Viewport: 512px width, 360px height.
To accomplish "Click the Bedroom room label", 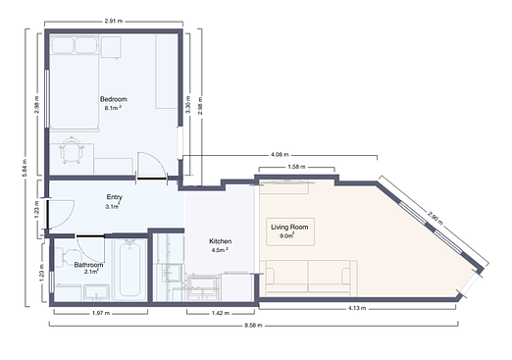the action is coord(114,99).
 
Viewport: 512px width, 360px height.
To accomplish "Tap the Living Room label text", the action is coord(289,227).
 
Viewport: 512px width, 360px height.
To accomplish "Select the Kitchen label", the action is coord(221,241).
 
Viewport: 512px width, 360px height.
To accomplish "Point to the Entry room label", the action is coord(114,197).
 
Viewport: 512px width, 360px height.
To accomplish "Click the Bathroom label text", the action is coord(88,265).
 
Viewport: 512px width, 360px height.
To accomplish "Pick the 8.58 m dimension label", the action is coord(253,326).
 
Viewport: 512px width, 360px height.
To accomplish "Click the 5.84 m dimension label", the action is coord(26,168).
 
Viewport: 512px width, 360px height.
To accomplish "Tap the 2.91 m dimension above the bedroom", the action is coord(114,22).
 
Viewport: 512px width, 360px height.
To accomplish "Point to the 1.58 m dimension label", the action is coord(296,167).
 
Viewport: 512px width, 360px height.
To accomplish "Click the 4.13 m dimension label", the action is coord(357,308).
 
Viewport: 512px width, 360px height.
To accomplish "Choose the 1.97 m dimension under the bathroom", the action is coord(101,313).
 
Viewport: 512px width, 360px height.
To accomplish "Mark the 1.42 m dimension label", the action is coord(221,313).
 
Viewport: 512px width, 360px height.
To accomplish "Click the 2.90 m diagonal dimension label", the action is coord(435,218).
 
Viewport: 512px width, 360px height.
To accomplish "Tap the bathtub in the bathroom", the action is coord(129,270).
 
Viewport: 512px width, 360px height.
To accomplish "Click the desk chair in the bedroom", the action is coord(72,150).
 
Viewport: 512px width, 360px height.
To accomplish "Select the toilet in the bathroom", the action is coord(67,257).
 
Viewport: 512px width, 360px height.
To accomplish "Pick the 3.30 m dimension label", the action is coord(187,104).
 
